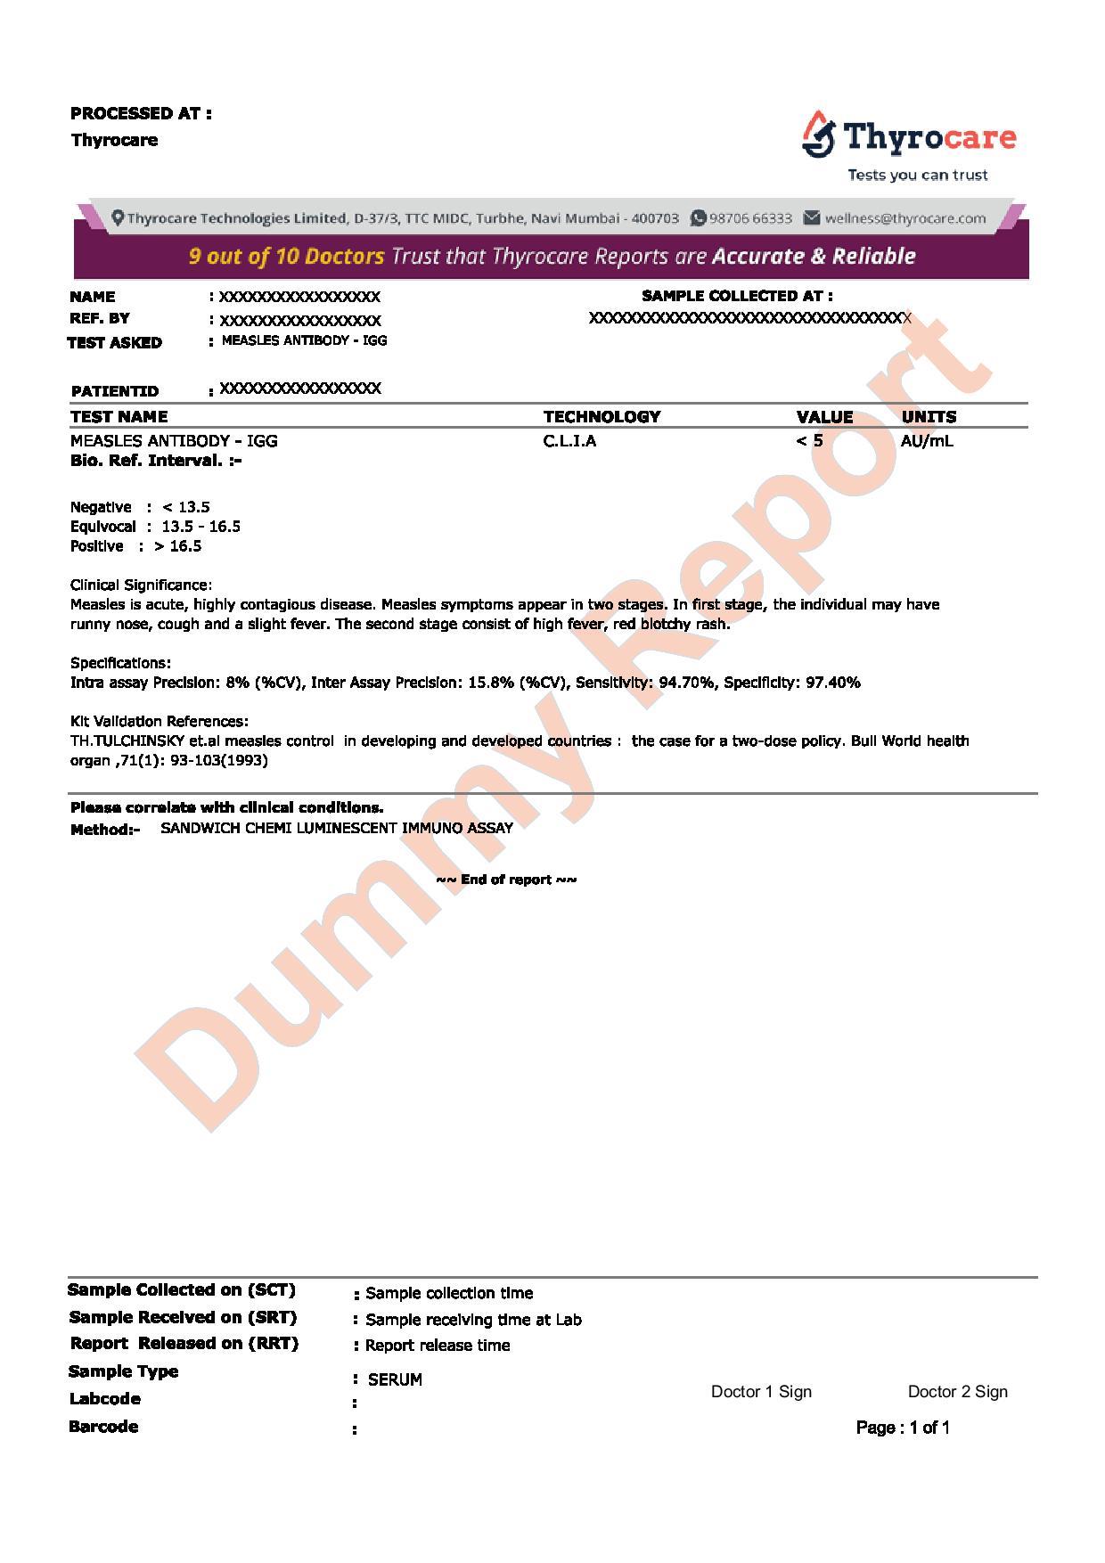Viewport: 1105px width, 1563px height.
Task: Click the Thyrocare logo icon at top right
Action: click(x=818, y=135)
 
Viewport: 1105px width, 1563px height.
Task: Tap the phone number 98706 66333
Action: click(x=750, y=218)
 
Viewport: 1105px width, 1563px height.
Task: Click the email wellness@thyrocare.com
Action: click(x=904, y=218)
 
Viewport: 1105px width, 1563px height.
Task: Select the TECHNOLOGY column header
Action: click(x=602, y=416)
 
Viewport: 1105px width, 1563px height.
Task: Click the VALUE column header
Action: click(x=824, y=416)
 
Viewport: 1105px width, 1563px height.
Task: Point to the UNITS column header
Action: click(x=929, y=416)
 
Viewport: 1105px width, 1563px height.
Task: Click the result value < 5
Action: click(x=809, y=440)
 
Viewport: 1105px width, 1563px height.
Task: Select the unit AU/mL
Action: click(x=927, y=440)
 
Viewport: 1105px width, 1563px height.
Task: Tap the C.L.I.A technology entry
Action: click(x=569, y=440)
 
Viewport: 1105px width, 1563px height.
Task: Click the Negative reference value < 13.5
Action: click(x=186, y=507)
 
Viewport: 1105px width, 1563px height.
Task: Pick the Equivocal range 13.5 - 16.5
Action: click(x=201, y=527)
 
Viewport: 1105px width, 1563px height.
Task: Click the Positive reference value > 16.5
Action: click(x=178, y=546)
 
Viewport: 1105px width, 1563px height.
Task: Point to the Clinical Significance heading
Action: click(x=141, y=585)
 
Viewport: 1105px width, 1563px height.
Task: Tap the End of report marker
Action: click(x=506, y=880)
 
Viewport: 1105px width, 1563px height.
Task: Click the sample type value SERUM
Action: click(x=395, y=1379)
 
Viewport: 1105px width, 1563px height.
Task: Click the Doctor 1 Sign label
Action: click(x=761, y=1392)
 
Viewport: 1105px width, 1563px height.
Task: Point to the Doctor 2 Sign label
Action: click(x=957, y=1392)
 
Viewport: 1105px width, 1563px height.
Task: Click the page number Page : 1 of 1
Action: click(x=903, y=1428)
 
